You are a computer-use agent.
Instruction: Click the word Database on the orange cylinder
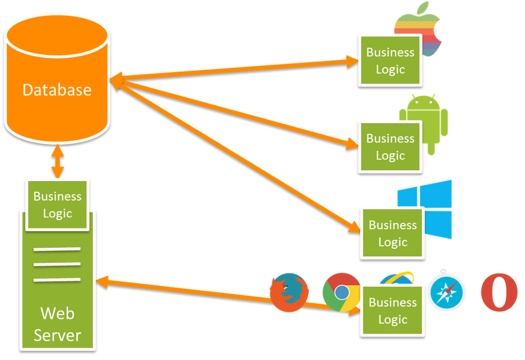tap(57, 90)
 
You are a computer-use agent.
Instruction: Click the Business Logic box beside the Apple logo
tap(390, 61)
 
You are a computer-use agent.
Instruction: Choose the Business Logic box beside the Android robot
tap(390, 147)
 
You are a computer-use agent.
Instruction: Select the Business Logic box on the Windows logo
tap(393, 233)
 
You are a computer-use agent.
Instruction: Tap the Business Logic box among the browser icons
tap(393, 311)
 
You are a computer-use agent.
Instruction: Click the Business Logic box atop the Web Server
tap(57, 205)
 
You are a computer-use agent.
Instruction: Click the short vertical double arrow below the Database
tap(57, 161)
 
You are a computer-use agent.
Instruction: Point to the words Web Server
tap(57, 324)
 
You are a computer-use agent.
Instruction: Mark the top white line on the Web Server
tap(57, 250)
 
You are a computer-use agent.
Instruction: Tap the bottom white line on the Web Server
tap(57, 279)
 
